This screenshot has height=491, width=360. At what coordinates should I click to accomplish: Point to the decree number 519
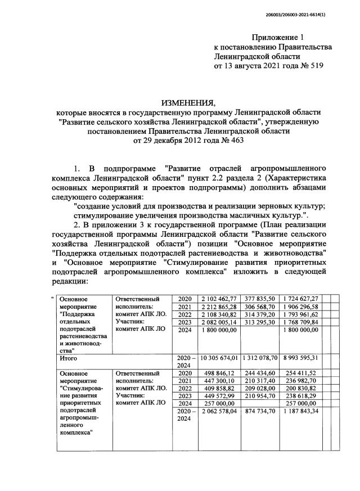[314, 66]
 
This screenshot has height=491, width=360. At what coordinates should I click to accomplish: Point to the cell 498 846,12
[223, 372]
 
